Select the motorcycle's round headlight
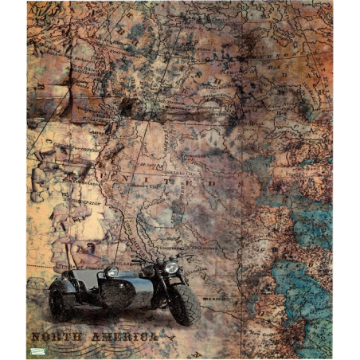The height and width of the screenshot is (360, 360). [x=170, y=268]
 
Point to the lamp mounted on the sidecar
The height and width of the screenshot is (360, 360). [x=111, y=272]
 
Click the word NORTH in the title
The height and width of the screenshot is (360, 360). [x=57, y=337]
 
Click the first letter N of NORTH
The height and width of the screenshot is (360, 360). [x=37, y=337]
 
